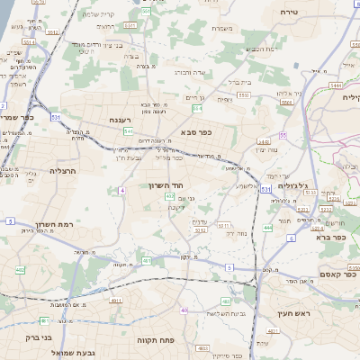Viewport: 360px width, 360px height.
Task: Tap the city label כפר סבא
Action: [x=195, y=131]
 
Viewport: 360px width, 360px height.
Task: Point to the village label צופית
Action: [x=224, y=99]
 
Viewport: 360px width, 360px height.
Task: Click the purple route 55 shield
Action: [x=283, y=135]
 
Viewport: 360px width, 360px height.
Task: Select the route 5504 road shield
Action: [x=287, y=103]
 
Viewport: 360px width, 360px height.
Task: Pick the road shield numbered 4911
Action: [x=146, y=261]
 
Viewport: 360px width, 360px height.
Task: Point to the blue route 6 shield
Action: [x=292, y=238]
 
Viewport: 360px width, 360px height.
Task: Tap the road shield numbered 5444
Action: [x=336, y=85]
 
